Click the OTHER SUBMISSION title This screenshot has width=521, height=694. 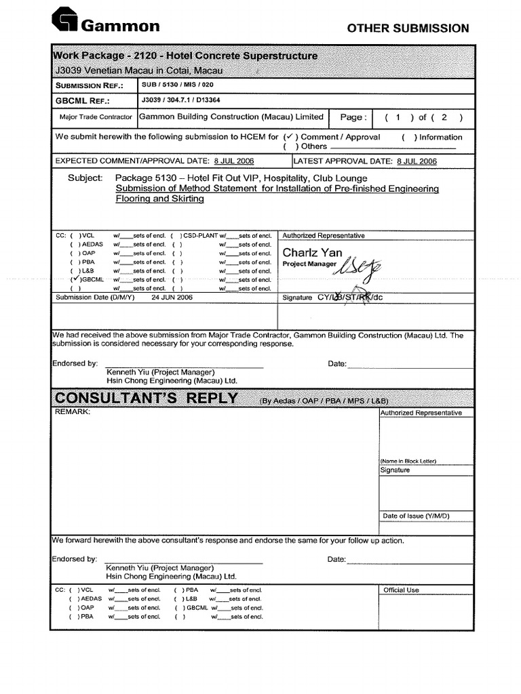tap(408, 28)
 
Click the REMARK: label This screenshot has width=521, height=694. tap(72, 411)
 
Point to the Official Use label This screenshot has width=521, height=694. tap(401, 590)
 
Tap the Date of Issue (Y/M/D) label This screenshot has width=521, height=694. tap(416, 516)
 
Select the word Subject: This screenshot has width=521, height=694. tap(85, 177)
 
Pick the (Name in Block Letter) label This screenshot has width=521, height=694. tap(408, 461)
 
